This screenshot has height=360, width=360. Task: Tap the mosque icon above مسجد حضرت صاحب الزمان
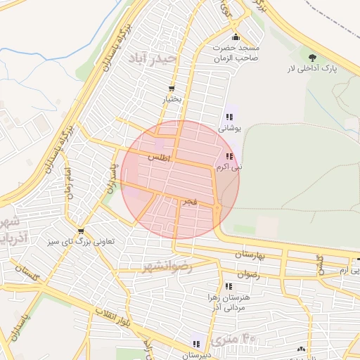[236, 37]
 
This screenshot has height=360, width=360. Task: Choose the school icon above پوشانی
[229, 117]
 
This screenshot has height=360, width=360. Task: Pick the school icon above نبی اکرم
[229, 156]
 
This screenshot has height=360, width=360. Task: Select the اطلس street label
[160, 159]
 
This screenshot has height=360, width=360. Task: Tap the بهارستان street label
[251, 256]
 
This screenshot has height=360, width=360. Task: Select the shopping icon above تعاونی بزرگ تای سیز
[82, 231]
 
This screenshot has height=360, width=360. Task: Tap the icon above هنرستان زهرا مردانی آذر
[229, 286]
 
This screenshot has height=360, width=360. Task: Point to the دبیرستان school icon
[197, 344]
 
